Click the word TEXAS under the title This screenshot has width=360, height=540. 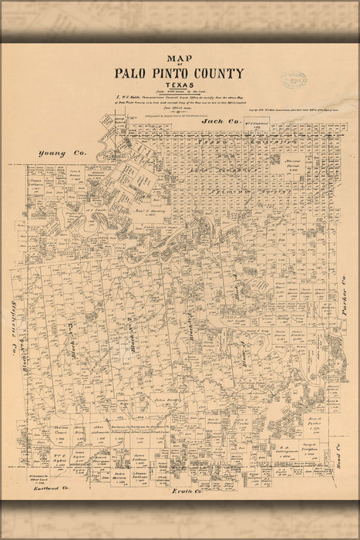pos(180,87)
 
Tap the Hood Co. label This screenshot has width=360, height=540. pos(340,440)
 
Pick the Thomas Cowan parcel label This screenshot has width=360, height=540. pos(62,428)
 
